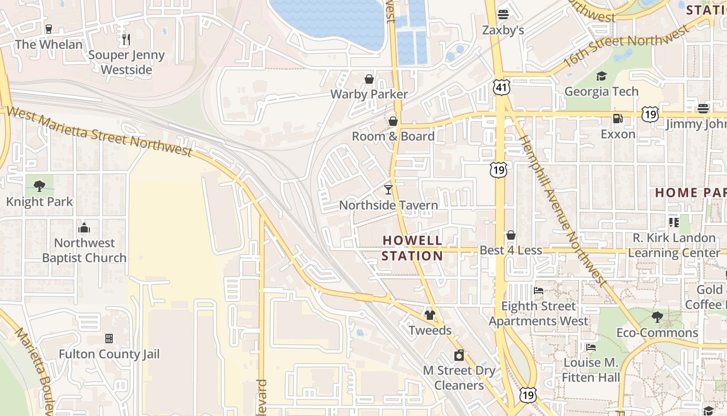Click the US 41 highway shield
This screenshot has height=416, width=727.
point(502,87)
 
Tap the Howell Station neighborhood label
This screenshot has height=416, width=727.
point(412,248)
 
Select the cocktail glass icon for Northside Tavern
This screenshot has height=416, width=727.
point(388,189)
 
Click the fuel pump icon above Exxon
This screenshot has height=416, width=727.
point(617,119)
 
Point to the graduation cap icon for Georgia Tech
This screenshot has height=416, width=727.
point(601,76)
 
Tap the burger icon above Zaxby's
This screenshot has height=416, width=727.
point(503,14)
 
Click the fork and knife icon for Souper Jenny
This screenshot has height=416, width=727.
point(126,39)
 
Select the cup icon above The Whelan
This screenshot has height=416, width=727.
point(49,29)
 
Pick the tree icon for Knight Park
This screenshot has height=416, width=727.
point(39,186)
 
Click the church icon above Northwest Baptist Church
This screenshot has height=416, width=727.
point(84,228)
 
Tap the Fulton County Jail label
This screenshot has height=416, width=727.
point(109,354)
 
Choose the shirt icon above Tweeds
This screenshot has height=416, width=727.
point(429,315)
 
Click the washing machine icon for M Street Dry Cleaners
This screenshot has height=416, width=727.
point(459,356)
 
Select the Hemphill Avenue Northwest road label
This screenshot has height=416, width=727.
point(563,211)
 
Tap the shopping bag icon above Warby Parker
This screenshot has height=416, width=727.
point(369,79)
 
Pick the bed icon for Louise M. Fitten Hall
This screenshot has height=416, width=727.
point(590,347)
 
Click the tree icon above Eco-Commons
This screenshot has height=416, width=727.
point(657,317)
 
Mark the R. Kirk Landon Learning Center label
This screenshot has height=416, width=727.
point(674,245)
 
